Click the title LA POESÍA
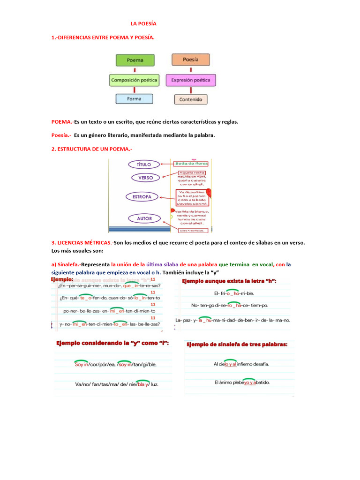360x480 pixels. (x=143, y=23)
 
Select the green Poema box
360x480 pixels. (x=135, y=60)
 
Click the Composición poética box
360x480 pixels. (x=135, y=80)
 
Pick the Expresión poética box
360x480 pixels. (x=191, y=80)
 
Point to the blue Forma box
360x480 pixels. (x=134, y=99)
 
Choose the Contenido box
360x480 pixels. (x=190, y=99)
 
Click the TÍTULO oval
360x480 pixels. (x=144, y=165)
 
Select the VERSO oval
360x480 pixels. (x=145, y=178)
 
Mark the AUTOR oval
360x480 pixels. (x=144, y=218)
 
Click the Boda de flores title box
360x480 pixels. (x=191, y=164)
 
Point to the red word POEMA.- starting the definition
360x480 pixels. (x=62, y=122)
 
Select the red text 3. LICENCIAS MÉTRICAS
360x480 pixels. (x=82, y=243)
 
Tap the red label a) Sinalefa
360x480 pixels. (x=65, y=264)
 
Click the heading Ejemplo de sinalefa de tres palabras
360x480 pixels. (x=237, y=345)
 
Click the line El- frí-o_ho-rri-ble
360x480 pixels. (x=233, y=293)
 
